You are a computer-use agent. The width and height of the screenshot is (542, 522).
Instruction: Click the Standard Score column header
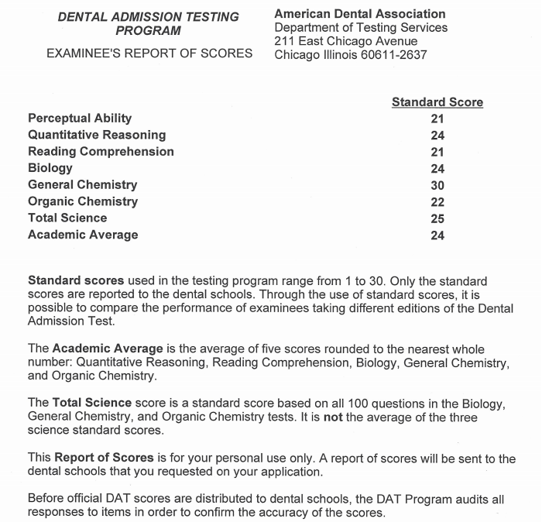[437, 102]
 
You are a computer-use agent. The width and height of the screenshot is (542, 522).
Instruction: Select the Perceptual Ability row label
[80, 118]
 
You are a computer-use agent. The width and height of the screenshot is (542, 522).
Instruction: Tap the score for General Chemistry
[437, 186]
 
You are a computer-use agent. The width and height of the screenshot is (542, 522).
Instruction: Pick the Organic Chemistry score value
[437, 202]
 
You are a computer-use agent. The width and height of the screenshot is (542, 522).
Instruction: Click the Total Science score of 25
[437, 219]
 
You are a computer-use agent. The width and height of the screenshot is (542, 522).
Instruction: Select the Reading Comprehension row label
[101, 152]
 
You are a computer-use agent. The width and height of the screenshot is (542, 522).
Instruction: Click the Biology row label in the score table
[50, 168]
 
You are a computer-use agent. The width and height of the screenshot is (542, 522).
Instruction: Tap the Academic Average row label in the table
[83, 235]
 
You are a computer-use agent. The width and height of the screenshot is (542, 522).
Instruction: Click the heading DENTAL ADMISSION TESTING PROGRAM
[148, 24]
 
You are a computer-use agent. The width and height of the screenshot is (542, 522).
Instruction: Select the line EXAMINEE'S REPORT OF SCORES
[149, 53]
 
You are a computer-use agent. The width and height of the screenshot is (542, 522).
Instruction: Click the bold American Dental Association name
[360, 14]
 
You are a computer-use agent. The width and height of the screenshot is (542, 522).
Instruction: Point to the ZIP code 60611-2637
[393, 55]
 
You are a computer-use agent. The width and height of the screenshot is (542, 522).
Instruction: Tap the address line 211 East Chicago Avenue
[346, 41]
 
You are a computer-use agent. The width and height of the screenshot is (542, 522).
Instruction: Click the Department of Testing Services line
[361, 28]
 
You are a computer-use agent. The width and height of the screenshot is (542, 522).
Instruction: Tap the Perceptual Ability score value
[437, 118]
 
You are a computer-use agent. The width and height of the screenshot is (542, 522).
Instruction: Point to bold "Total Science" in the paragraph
[91, 404]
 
